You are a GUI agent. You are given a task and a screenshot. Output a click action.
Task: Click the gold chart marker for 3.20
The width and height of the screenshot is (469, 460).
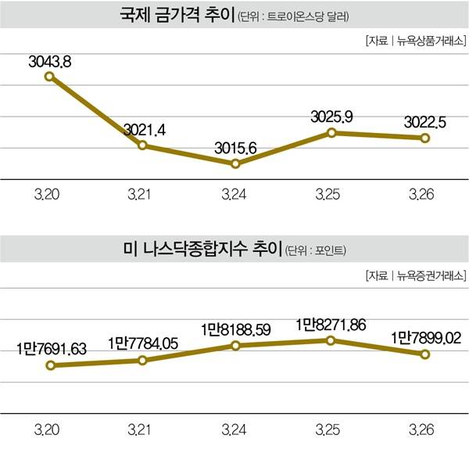click(x=48, y=76)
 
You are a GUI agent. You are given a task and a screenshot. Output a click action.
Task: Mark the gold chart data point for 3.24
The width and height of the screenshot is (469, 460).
click(x=235, y=164)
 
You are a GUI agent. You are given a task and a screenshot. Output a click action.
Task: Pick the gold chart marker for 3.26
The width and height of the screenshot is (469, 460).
click(x=424, y=138)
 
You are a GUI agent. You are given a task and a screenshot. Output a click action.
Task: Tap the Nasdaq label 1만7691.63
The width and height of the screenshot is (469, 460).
click(x=52, y=348)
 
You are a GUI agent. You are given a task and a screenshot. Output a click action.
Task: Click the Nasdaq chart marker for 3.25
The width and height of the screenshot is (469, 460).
click(x=331, y=340)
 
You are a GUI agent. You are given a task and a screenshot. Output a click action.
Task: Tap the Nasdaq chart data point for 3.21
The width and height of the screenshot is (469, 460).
click(x=142, y=360)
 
